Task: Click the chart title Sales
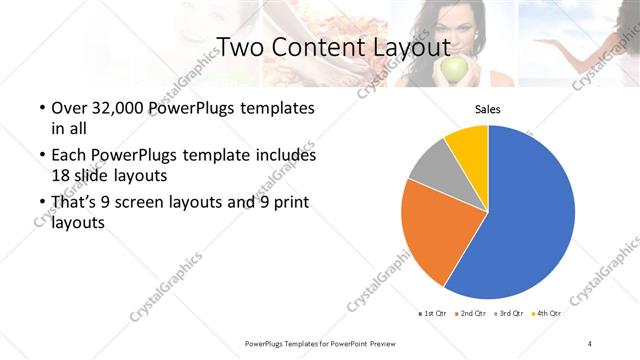pyautogui.click(x=487, y=109)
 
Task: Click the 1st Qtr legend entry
pyautogui.click(x=431, y=313)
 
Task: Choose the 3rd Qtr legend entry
pyautogui.click(x=508, y=313)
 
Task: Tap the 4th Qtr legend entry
pyautogui.click(x=546, y=313)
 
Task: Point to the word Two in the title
pyautogui.click(x=240, y=46)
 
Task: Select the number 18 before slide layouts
pyautogui.click(x=59, y=174)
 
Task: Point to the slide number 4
pyautogui.click(x=590, y=344)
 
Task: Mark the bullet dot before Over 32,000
pyautogui.click(x=41, y=108)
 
